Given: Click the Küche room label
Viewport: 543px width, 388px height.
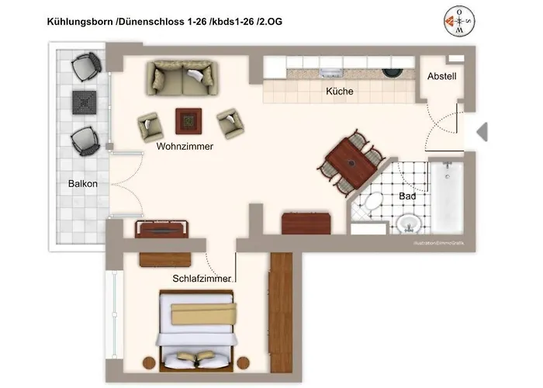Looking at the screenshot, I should [339, 92].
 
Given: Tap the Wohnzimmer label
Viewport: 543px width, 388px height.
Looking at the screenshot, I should [185, 146].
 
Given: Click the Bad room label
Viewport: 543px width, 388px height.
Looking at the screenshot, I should [408, 196].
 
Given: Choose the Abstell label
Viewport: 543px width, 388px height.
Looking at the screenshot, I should [441, 76].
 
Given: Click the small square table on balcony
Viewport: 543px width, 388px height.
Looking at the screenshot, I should [82, 102].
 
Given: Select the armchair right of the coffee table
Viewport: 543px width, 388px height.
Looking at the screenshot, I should [230, 121].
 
